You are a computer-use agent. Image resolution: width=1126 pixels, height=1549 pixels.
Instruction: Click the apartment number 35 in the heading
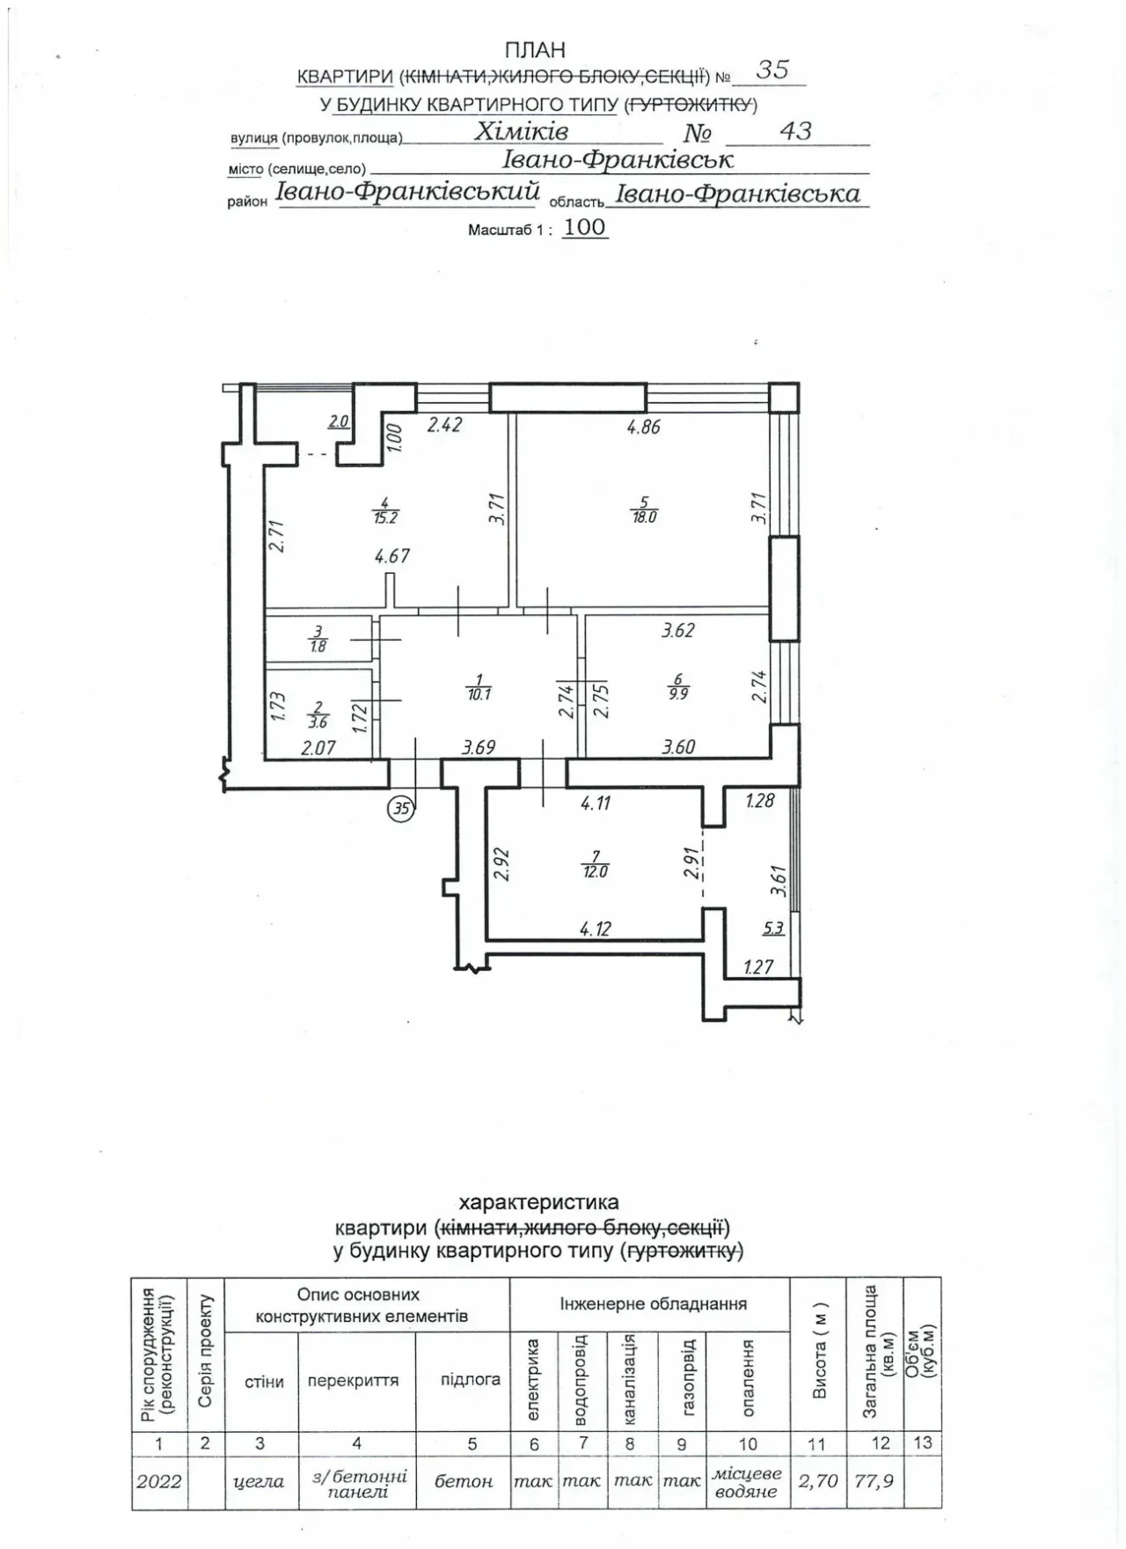point(772,70)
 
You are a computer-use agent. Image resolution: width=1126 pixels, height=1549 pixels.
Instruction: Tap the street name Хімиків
point(522,131)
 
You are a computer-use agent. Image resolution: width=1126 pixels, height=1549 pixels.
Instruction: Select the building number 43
point(795,131)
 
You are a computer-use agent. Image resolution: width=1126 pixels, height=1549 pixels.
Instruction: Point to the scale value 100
point(585,227)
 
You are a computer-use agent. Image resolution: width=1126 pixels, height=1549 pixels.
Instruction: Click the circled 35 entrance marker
point(401,807)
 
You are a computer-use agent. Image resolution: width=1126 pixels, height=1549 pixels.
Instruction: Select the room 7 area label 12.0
point(596,871)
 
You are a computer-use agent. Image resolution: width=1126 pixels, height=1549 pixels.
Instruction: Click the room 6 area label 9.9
point(678,693)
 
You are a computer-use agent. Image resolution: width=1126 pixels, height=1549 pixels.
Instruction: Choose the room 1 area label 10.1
point(479,694)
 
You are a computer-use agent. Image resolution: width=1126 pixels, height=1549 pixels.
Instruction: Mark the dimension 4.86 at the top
point(643,428)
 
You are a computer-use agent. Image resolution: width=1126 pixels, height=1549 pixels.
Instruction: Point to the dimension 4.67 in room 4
point(392,556)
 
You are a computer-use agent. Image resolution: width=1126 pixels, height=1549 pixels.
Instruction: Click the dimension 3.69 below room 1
point(479,748)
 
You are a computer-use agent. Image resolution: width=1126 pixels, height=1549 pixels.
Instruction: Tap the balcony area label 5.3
point(773,928)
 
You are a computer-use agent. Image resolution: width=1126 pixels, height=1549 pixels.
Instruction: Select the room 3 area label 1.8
point(318,646)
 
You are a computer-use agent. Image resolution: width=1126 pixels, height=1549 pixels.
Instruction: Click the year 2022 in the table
point(159,1481)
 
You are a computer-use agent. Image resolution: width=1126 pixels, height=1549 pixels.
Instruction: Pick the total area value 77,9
point(874,1481)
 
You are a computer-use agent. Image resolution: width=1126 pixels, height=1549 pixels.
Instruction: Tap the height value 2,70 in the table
point(818,1481)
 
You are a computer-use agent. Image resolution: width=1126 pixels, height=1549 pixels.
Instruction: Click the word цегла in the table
point(260,1482)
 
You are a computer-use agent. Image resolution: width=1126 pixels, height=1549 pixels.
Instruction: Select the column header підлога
point(471,1379)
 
